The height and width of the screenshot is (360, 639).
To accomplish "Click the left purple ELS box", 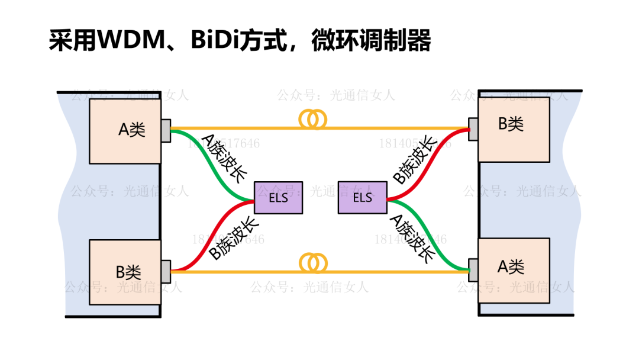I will [279, 198].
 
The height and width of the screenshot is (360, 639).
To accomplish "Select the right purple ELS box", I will [362, 197].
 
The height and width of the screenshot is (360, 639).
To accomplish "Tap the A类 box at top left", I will [125, 131].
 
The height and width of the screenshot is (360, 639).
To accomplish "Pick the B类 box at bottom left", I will [125, 272].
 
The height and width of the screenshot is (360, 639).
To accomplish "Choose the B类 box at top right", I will [514, 128].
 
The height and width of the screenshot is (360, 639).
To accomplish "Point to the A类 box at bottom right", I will [514, 266].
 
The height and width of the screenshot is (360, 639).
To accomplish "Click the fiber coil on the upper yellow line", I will [314, 120].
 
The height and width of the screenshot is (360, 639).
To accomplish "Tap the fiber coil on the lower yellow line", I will [314, 262].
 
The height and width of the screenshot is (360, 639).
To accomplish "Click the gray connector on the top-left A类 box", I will [166, 131].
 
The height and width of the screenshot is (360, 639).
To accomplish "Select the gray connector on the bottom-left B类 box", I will [166, 271].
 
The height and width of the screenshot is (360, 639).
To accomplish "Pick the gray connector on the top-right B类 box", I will [473, 130].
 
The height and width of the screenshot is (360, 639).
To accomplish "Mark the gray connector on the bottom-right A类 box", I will [473, 269].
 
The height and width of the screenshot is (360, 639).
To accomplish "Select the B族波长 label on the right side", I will [415, 160].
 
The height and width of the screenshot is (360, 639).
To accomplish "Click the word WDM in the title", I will [131, 41].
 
